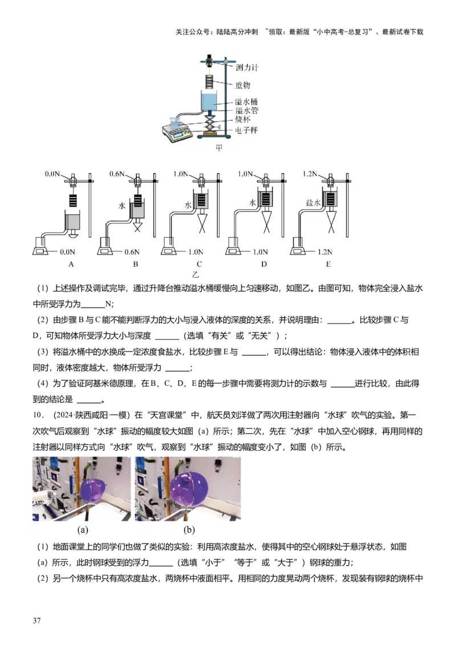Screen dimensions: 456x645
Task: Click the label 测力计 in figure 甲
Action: tap(247, 67)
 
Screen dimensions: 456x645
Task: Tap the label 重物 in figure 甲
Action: tap(242, 85)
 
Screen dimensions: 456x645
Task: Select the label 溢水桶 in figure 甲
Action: tap(246, 101)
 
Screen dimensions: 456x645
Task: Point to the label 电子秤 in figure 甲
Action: tap(246, 130)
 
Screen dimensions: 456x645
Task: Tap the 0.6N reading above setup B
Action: tap(117, 174)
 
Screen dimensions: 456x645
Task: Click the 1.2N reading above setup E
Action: tap(310, 174)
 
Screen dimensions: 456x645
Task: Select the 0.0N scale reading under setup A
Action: tap(67, 252)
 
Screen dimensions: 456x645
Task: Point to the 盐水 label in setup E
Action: tap(313, 203)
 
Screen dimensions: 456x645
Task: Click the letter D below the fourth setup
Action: tap(264, 264)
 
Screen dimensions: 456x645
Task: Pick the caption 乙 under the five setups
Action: tap(195, 275)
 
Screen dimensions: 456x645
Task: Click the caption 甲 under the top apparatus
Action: tap(219, 148)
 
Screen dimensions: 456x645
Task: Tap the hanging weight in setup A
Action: tap(74, 201)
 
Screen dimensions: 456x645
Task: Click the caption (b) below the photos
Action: tap(189, 530)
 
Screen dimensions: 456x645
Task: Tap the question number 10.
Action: tap(38, 415)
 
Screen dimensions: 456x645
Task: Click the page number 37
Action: tap(36, 620)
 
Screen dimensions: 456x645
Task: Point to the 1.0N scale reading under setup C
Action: tap(196, 252)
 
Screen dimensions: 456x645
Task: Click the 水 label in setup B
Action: tap(122, 206)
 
